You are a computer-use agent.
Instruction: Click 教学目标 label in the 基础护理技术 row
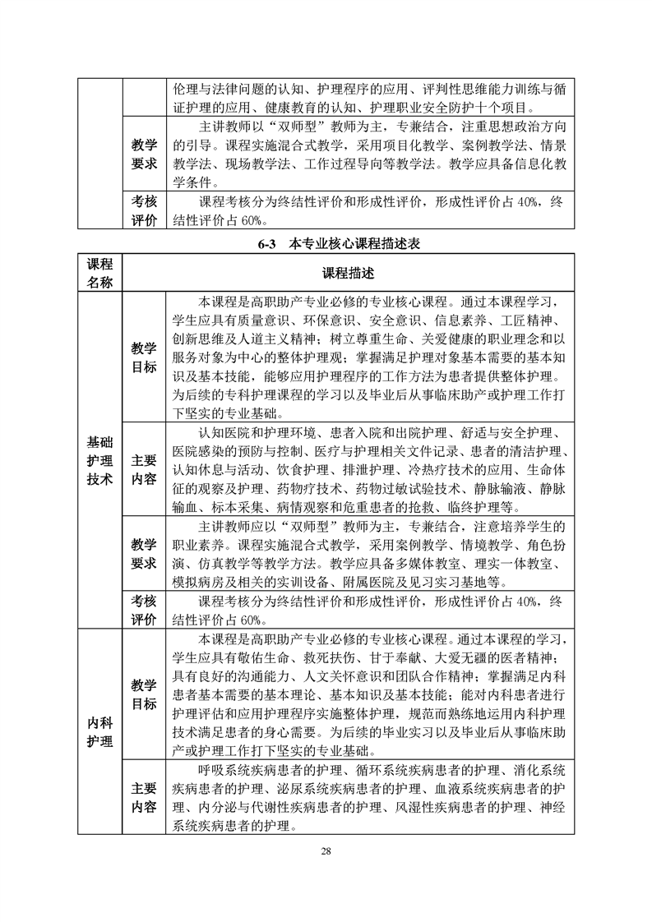tap(144, 359)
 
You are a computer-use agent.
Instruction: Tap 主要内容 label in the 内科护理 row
tap(144, 797)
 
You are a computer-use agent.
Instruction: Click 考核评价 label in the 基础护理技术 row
tap(144, 611)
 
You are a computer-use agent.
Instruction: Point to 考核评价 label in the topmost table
tap(144, 211)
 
